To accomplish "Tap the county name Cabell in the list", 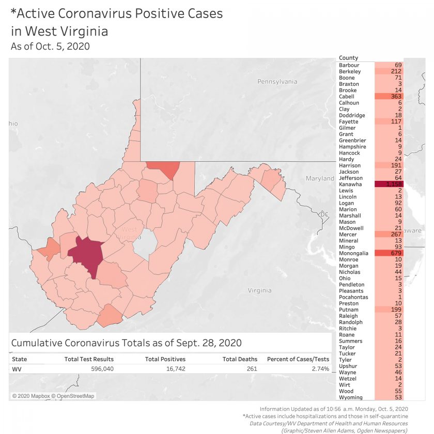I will click(346, 97).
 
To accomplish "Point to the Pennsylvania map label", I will click(277, 82).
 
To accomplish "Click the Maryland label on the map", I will click(320, 178).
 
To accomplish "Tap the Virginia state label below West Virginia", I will click(259, 290).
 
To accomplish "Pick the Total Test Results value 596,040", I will click(98, 369).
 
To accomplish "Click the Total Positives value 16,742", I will click(171, 369).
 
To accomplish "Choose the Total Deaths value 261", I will click(250, 369).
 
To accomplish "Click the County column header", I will click(348, 58).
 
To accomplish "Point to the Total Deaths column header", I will click(240, 359).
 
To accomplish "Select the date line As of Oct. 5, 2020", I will click(50, 47).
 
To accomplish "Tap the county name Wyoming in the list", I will click(350, 397).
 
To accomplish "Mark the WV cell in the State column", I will click(16, 369).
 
